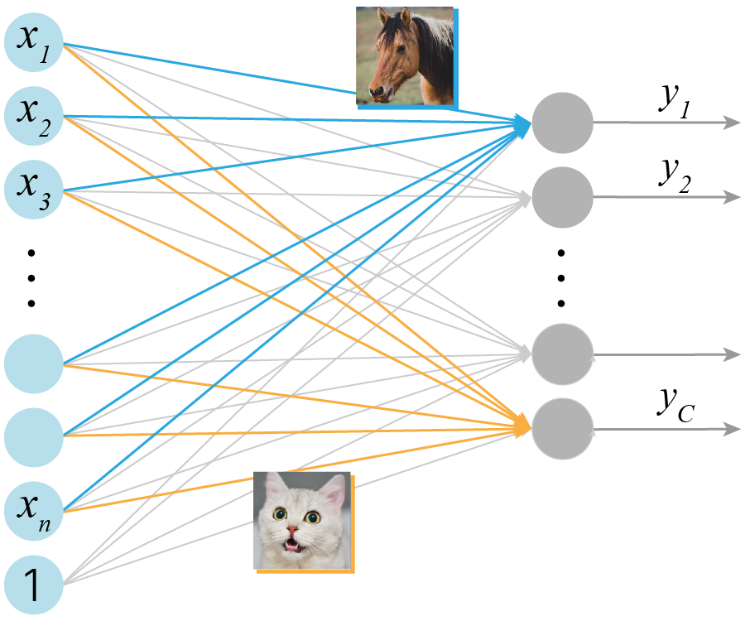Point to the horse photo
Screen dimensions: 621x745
pos(406,55)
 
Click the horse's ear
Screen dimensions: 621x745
pos(405,17)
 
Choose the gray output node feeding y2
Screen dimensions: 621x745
pos(563,197)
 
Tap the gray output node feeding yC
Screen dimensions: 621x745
pos(563,429)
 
